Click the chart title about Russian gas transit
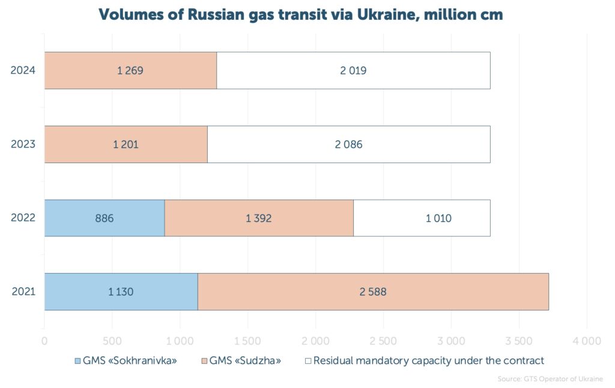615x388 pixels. tap(300, 15)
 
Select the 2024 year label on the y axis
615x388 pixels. tap(23, 70)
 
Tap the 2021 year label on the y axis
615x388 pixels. tap(23, 292)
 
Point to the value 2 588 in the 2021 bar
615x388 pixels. tap(373, 292)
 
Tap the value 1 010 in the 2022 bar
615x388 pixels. tap(438, 218)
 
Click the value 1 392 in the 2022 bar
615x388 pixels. tap(259, 218)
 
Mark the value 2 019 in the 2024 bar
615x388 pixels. tap(353, 70)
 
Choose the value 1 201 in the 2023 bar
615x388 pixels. tap(126, 144)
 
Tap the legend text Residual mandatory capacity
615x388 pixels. tap(428, 361)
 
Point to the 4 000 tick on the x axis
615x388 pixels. tap(586, 341)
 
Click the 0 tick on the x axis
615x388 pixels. tap(44, 341)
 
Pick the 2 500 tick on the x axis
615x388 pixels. tap(383, 341)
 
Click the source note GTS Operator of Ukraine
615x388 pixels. tap(550, 379)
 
